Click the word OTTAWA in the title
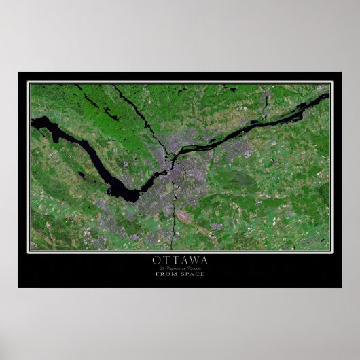tap(180, 259)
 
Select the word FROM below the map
tap(170, 273)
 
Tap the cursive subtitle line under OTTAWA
tap(180, 267)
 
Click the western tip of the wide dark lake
tap(32, 122)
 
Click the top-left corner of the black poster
tap(19, 73)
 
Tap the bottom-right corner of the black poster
tap(341, 287)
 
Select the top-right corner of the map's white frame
tap(331, 82)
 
